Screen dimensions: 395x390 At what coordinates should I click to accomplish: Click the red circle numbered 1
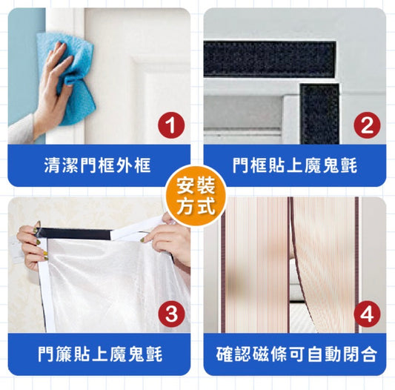click(x=171, y=125)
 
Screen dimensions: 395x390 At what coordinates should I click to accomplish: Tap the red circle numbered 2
click(x=367, y=125)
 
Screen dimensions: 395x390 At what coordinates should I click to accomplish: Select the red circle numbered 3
click(x=171, y=314)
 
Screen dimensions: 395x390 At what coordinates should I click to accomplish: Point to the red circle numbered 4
click(x=367, y=314)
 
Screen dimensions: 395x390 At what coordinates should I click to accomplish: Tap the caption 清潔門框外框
click(x=97, y=165)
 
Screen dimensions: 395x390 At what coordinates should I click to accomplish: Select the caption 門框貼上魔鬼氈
click(x=295, y=165)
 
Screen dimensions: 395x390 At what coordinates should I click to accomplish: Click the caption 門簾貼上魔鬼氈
click(x=100, y=354)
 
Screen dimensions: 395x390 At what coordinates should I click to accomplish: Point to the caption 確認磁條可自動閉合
click(x=296, y=354)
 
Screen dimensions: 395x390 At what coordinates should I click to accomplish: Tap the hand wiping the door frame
click(x=53, y=88)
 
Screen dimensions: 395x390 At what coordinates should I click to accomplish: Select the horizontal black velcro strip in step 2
click(x=270, y=59)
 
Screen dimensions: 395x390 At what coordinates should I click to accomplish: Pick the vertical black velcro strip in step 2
click(x=319, y=114)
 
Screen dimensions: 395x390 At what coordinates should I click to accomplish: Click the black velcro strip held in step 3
click(x=74, y=234)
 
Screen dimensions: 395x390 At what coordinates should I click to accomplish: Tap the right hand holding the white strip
click(x=169, y=239)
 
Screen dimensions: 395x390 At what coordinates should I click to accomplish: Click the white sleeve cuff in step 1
click(x=21, y=128)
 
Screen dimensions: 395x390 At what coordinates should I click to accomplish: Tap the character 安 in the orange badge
click(x=186, y=185)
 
